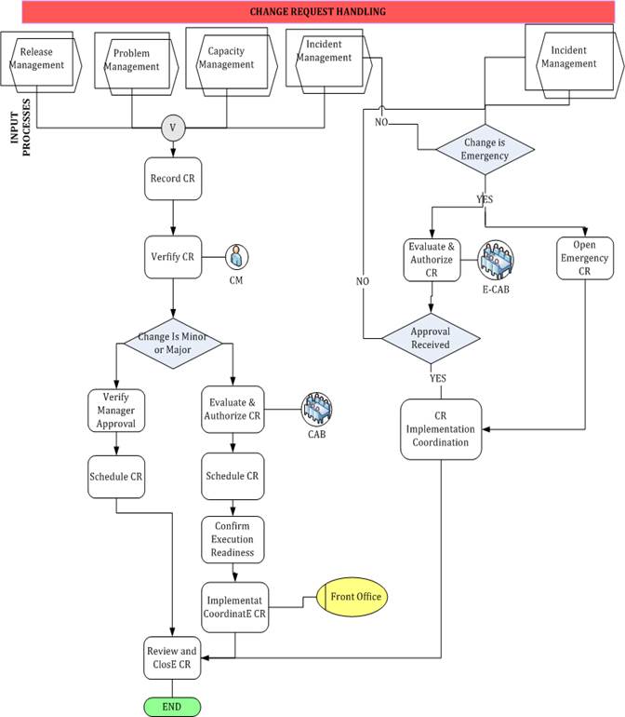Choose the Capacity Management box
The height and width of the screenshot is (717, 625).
point(225,59)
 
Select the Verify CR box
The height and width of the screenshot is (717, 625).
point(173,255)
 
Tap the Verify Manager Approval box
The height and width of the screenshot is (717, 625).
point(116,410)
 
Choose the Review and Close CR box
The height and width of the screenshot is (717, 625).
point(173,657)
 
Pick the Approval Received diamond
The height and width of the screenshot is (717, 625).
point(430,336)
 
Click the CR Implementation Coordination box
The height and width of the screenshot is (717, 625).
point(442,428)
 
